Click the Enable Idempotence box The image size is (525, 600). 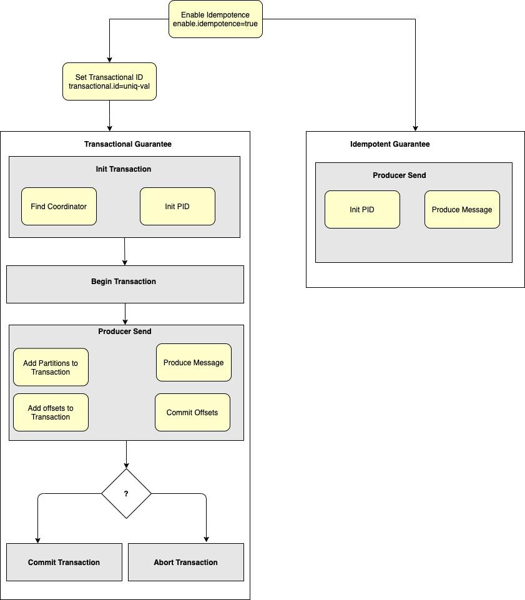(x=215, y=19)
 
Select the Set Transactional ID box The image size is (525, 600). (x=109, y=81)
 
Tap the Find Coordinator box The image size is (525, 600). (x=59, y=206)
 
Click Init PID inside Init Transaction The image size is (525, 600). (x=177, y=206)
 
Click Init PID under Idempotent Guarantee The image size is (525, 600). (x=362, y=209)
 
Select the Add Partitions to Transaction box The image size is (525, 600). (x=51, y=367)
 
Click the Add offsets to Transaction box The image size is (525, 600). (x=51, y=412)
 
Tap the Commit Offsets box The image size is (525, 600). (x=192, y=412)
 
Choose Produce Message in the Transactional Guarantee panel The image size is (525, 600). (x=194, y=362)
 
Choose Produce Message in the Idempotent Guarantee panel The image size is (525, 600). (x=462, y=209)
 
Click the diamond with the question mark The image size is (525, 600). (x=126, y=493)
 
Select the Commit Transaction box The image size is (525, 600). (x=64, y=562)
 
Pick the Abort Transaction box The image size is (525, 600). (x=186, y=562)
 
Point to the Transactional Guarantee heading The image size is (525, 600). (x=128, y=144)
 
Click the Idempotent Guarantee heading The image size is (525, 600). (x=390, y=144)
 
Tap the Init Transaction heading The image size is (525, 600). (x=124, y=169)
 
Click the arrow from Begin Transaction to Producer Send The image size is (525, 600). (x=125, y=314)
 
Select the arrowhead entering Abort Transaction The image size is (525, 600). (x=206, y=539)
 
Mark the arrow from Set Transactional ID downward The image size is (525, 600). (x=109, y=116)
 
